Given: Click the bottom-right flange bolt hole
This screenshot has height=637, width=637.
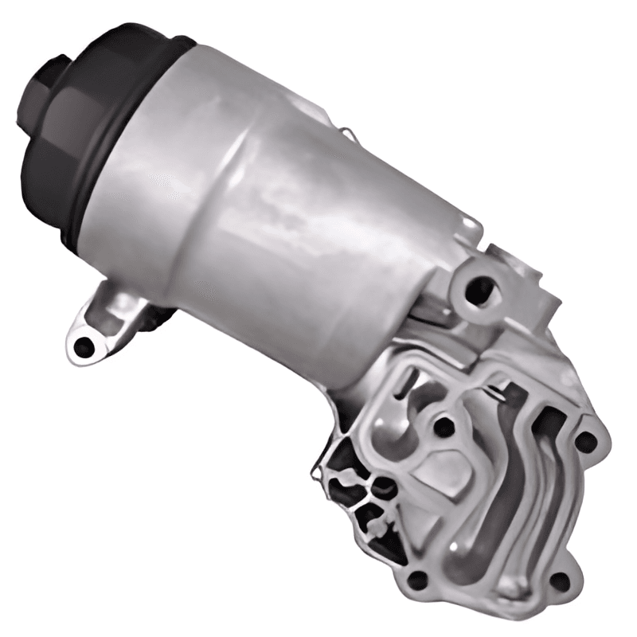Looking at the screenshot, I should click(x=559, y=582).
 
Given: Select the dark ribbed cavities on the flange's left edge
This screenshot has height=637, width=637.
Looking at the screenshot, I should click(x=350, y=486).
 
